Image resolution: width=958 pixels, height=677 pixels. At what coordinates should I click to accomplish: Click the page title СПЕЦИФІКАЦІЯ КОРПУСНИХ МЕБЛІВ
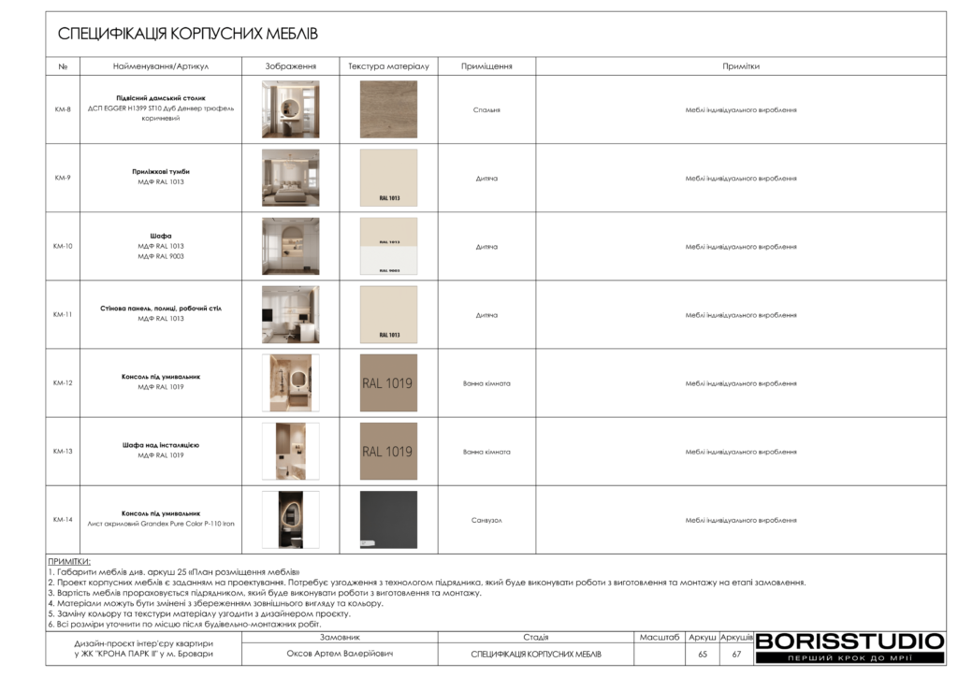(188, 35)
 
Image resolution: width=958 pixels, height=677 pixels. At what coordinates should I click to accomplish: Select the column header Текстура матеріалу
(388, 67)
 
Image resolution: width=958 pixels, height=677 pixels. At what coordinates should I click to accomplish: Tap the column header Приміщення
(486, 67)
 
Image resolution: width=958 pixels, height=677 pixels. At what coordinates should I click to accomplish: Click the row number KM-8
(63, 109)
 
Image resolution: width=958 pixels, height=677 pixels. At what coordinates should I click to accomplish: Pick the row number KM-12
(63, 382)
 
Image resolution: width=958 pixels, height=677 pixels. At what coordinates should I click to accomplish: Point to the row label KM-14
(63, 519)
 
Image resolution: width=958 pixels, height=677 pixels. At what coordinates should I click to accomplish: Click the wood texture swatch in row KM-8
(388, 109)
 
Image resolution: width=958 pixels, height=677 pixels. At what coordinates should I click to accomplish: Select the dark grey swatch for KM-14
(388, 519)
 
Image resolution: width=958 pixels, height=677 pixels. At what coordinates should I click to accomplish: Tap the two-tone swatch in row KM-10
(388, 246)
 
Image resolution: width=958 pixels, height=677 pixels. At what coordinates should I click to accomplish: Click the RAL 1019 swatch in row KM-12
(388, 382)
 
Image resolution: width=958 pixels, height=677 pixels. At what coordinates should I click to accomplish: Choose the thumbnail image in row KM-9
(290, 178)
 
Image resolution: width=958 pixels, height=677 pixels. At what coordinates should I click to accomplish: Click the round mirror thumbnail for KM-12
(290, 382)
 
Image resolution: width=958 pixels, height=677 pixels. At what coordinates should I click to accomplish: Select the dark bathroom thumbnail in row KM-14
(290, 519)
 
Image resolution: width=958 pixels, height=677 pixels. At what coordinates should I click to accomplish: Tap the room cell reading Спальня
(486, 109)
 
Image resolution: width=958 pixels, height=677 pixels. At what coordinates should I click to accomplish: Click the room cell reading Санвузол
(486, 520)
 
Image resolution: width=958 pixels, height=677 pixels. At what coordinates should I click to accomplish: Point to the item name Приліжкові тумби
(161, 172)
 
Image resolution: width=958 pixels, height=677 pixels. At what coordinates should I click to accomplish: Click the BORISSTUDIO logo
(849, 641)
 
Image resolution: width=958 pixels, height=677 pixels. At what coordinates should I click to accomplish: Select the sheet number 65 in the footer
(703, 654)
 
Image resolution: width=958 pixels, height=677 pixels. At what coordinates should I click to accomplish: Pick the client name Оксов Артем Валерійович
(340, 654)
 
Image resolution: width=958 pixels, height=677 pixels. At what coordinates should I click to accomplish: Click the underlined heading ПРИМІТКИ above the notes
(69, 561)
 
